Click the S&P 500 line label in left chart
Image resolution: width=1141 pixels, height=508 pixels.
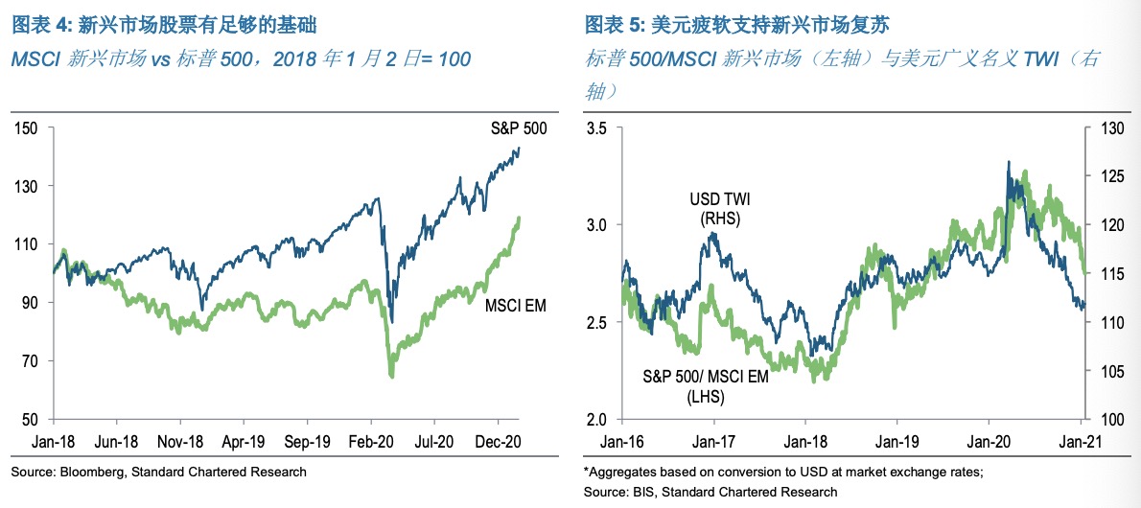point(514,128)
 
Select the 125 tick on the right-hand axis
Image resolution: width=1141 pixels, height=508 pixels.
point(1110,176)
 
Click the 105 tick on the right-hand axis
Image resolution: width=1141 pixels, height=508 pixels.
point(1110,371)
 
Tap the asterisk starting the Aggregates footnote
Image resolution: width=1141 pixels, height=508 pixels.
point(586,471)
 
